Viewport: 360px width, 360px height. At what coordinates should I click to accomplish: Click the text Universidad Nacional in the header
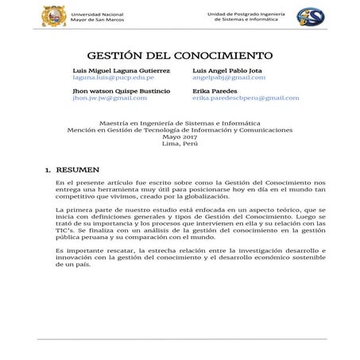tap(97, 13)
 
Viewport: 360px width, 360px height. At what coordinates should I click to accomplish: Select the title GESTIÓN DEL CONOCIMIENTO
tap(179, 56)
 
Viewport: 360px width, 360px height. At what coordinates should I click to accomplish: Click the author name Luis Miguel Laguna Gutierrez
tap(121, 72)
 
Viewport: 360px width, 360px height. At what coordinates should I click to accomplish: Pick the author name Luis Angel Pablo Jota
tap(226, 72)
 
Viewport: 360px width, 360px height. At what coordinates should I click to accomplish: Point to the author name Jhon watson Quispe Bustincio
tap(122, 91)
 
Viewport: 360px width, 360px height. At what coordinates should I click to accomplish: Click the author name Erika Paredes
tap(213, 91)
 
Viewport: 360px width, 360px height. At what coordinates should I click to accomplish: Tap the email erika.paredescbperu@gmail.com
tap(246, 99)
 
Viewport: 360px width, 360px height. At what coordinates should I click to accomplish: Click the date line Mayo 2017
tap(180, 137)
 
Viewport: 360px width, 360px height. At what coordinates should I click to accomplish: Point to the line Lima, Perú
tap(180, 144)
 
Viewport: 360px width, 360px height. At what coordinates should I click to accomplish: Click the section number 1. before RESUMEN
tap(49, 170)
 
